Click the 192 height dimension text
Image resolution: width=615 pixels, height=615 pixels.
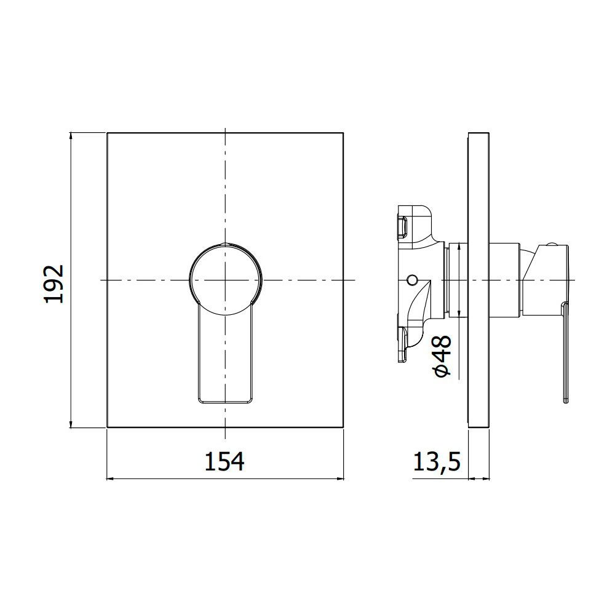54,284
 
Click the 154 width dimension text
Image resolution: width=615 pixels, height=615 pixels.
224,461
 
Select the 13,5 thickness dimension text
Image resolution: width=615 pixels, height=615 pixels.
437,462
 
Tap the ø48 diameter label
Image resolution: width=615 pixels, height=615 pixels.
443,355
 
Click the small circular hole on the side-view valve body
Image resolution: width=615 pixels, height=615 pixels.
412,280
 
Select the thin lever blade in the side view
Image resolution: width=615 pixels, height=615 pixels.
565,352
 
